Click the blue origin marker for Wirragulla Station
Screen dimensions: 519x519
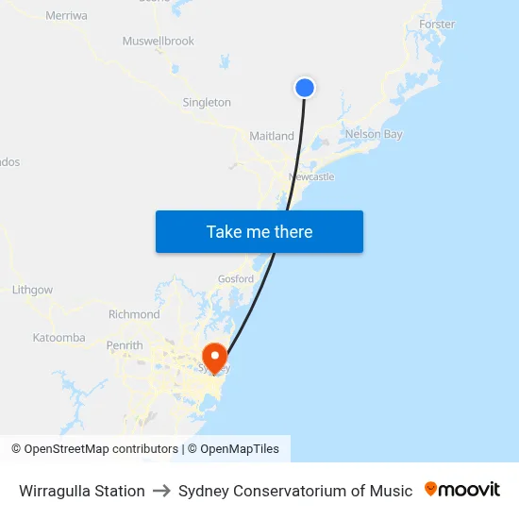[304, 88]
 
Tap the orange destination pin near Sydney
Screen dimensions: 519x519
[215, 357]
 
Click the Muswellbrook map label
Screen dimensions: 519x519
[158, 42]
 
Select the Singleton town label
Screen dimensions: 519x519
[207, 102]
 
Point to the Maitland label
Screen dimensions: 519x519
[272, 137]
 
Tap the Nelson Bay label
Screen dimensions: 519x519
[374, 134]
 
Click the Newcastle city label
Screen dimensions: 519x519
[311, 177]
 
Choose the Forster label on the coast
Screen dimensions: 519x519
[436, 24]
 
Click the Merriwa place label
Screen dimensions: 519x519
[66, 16]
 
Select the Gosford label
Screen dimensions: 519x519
[236, 279]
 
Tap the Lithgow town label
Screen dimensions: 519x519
[32, 290]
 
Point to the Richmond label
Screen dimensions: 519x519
[134, 314]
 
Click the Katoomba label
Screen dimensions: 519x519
[59, 338]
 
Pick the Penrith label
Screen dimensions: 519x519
[125, 345]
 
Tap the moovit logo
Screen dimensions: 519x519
[462, 490]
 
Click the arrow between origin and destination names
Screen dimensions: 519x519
[161, 491]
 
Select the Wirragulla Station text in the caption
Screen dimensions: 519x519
[82, 491]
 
